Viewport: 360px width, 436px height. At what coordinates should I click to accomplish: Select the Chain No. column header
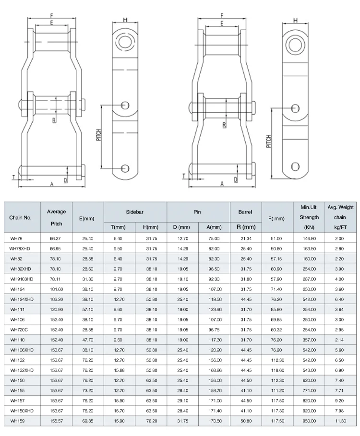[20, 218]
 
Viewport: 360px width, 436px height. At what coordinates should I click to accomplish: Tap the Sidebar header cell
[135, 211]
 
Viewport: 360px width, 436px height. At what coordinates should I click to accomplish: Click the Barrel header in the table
[245, 212]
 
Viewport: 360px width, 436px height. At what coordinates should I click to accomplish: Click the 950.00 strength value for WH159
[309, 421]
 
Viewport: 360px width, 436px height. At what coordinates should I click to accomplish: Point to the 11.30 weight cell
[340, 421]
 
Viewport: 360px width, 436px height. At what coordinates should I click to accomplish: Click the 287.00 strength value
[309, 279]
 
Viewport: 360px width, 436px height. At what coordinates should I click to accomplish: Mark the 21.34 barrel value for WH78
[245, 238]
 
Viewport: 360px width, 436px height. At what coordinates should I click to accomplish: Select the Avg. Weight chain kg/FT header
[340, 217]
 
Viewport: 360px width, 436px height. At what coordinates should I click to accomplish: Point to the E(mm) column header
[86, 218]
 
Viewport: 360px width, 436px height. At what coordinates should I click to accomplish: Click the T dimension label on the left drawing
[13, 177]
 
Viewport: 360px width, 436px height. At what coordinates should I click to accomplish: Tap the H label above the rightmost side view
[295, 20]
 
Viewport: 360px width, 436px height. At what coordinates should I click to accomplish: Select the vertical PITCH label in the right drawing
[269, 141]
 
